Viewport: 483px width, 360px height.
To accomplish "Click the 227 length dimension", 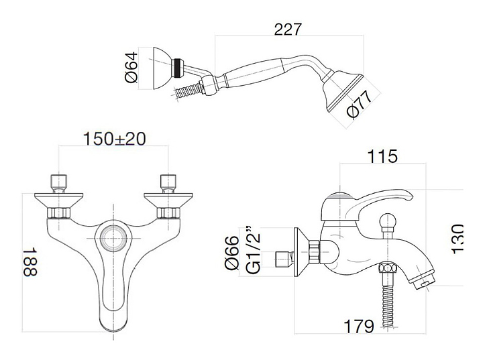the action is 287,29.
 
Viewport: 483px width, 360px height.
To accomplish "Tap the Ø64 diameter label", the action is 131,68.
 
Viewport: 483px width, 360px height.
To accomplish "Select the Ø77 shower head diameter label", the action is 359,104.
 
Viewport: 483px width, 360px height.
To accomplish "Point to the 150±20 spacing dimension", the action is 114,139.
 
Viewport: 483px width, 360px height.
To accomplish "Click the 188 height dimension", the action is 30,262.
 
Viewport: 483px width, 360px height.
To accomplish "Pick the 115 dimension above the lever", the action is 382,156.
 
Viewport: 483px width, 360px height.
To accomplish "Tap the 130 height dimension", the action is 457,239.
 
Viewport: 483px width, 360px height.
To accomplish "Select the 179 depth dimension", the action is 359,326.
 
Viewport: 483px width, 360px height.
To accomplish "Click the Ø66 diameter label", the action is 232,253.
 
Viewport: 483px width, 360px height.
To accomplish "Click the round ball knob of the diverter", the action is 387,221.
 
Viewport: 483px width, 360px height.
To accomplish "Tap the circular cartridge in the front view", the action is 114,238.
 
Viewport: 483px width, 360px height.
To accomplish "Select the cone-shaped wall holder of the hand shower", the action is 162,68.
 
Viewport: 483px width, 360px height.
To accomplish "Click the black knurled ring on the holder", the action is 176,68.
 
